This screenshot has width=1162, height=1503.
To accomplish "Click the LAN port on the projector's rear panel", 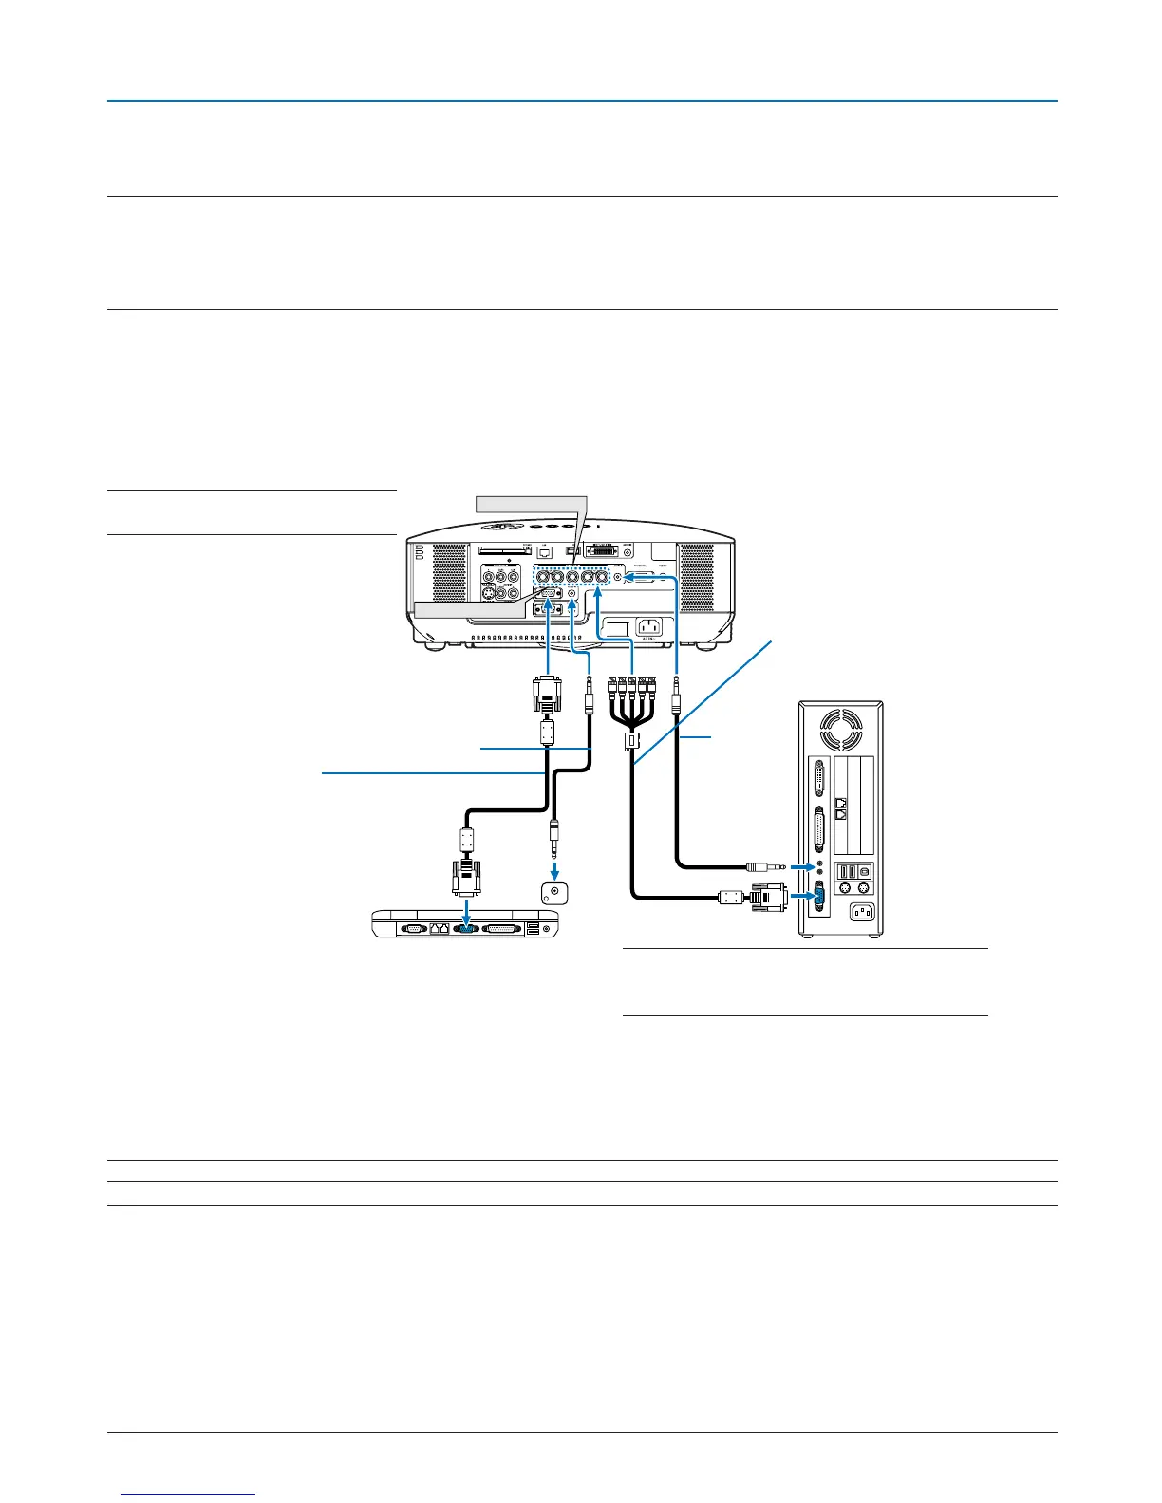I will pyautogui.click(x=544, y=550).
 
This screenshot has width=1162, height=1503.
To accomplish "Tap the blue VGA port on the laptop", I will pyautogui.click(x=465, y=929).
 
